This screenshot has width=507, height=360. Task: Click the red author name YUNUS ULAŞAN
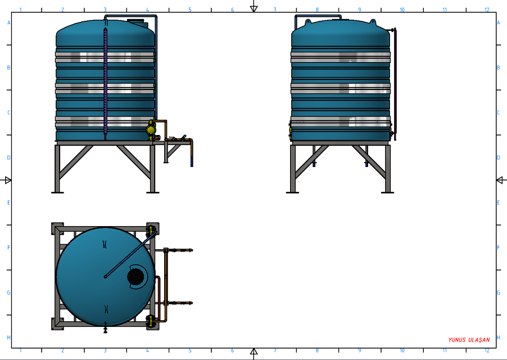pyautogui.click(x=469, y=340)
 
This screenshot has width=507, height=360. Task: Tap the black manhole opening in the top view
pyautogui.click(x=135, y=276)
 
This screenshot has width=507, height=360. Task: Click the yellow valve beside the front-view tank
pyautogui.click(x=151, y=129)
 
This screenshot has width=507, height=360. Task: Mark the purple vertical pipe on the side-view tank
pyautogui.click(x=395, y=84)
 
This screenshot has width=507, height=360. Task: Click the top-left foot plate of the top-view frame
pyautogui.click(x=57, y=229)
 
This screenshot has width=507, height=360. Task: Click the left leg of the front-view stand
pyautogui.click(x=57, y=169)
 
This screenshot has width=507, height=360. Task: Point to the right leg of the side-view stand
pyautogui.click(x=387, y=169)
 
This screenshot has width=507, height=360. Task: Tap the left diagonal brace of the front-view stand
pyautogui.click(x=75, y=162)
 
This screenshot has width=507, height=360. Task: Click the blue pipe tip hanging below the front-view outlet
pyautogui.click(x=192, y=163)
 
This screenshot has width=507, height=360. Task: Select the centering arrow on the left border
pyautogui.click(x=7, y=180)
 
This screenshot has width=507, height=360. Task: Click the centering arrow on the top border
pyautogui.click(x=254, y=7)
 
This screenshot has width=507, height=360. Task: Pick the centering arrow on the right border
pyautogui.click(x=500, y=180)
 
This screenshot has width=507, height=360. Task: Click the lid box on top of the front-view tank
pyautogui.click(x=136, y=21)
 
